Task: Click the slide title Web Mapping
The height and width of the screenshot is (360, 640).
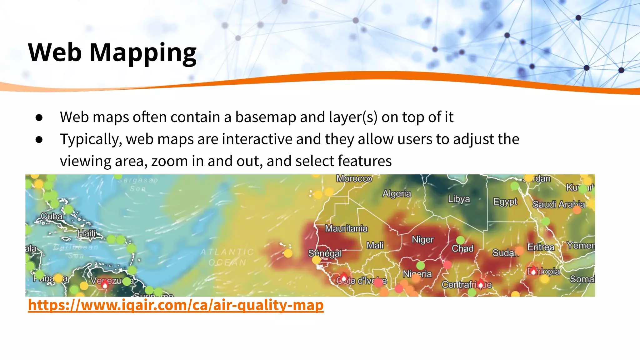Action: click(112, 52)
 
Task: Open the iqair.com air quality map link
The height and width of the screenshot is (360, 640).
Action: click(176, 305)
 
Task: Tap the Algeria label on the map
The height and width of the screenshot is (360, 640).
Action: click(397, 193)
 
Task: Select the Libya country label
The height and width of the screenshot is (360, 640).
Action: click(459, 199)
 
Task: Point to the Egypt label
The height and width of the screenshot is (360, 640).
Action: click(505, 202)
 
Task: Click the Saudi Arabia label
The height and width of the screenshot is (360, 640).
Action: click(558, 204)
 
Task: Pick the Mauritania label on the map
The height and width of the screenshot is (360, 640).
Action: click(346, 228)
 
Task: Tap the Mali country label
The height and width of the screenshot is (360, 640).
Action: click(375, 245)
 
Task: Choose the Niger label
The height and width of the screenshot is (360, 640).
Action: click(423, 239)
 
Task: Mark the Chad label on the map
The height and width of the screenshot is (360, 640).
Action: click(462, 249)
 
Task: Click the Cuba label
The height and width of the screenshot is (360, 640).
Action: click(52, 216)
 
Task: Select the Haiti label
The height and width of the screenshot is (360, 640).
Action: click(87, 233)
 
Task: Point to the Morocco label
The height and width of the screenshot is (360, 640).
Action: click(354, 179)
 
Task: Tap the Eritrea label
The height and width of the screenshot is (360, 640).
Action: click(541, 247)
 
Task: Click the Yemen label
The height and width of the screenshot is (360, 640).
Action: click(581, 246)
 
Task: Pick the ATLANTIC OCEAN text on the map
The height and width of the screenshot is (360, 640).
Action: click(227, 257)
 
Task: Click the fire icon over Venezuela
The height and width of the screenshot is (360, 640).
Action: click(105, 285)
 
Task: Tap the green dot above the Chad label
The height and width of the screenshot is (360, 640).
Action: click(460, 240)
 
